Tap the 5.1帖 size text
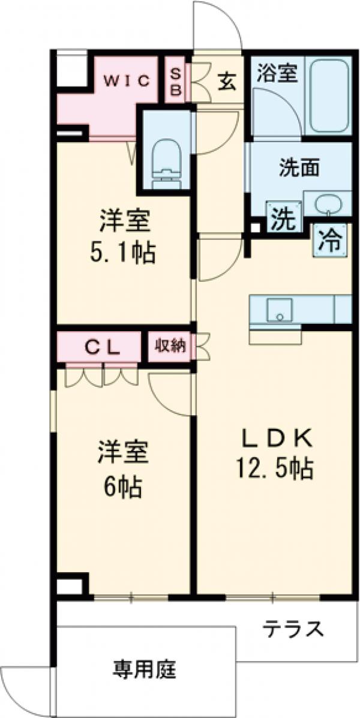(x=124, y=254)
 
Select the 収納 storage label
(x=171, y=346)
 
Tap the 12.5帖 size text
(x=276, y=470)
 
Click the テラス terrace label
(x=293, y=629)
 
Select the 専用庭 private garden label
(x=145, y=669)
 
